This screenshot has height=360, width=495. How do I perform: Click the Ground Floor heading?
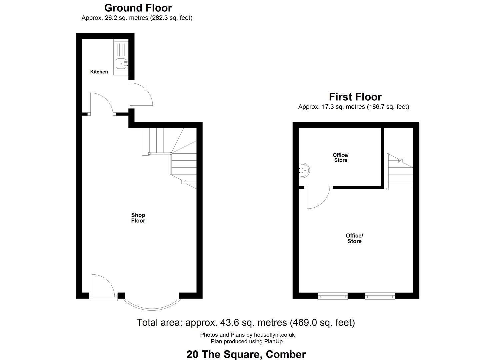point(138,8)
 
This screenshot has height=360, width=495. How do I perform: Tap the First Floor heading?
point(355,97)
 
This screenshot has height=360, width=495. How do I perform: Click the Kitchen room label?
point(99,72)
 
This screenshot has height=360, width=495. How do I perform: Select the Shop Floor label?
point(138,218)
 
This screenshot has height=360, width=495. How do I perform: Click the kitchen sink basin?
point(121,64)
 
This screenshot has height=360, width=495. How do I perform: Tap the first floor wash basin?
point(304,170)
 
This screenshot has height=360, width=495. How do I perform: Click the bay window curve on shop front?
point(152,308)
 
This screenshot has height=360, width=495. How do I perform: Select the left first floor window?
point(333,296)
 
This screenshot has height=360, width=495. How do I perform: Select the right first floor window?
point(380,296)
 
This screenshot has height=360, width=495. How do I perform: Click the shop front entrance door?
point(103,287)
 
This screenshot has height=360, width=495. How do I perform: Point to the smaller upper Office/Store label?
point(341,158)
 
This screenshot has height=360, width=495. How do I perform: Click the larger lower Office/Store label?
point(354,238)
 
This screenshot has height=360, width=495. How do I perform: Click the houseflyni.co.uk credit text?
point(274,335)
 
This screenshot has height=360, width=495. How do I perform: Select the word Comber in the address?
point(286,354)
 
